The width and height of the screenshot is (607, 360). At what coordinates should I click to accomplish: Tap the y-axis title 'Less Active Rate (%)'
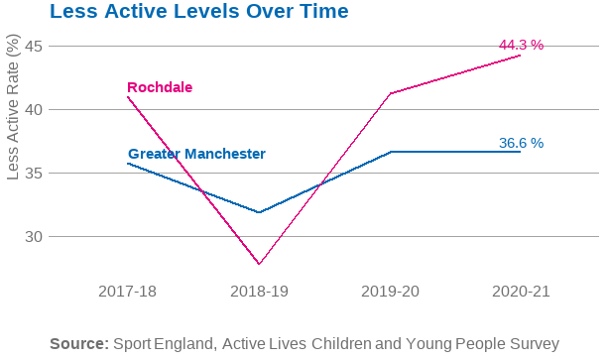tap(13, 107)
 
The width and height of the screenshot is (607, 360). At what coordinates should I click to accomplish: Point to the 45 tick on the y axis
tap(35, 46)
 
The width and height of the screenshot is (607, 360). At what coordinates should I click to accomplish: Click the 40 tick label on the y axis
tap(35, 109)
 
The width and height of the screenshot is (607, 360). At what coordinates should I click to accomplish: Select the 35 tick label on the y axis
tap(35, 173)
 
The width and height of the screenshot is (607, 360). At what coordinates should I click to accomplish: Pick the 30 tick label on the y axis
tap(35, 236)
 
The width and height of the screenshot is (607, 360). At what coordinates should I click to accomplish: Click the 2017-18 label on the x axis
tap(127, 291)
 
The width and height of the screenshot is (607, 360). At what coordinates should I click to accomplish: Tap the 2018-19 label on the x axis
tap(259, 291)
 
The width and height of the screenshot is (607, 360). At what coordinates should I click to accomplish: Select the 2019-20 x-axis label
tap(390, 291)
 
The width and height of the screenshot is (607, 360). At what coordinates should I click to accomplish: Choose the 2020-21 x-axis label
tap(521, 291)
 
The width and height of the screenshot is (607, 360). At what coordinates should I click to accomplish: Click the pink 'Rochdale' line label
tap(160, 87)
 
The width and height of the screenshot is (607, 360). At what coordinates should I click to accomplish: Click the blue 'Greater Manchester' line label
tap(196, 154)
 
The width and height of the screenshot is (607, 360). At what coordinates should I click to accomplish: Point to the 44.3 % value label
tap(521, 45)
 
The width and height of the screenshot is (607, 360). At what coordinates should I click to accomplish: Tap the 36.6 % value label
tap(521, 143)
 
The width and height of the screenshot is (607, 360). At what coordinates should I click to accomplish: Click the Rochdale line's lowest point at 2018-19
tap(259, 264)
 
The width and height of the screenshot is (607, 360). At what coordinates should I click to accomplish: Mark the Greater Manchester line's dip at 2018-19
tap(259, 212)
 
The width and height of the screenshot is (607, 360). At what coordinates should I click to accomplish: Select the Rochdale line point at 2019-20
tap(390, 93)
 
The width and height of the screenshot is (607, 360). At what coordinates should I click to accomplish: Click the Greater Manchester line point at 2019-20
tap(390, 152)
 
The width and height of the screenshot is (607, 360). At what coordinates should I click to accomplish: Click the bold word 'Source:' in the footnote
tap(78, 343)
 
